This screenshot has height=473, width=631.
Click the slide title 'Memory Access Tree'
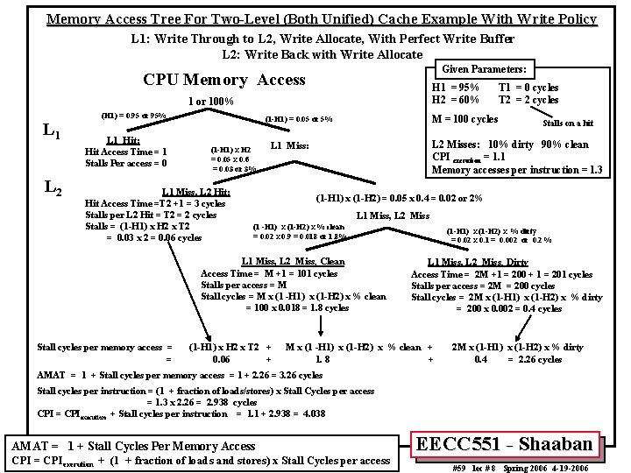[321, 19]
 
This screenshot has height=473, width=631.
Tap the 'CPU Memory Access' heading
[223, 81]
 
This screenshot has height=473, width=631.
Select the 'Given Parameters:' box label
[484, 69]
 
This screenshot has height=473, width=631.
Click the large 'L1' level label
[52, 132]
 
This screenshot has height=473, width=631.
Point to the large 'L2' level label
[52, 186]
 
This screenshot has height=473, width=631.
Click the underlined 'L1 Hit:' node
[124, 140]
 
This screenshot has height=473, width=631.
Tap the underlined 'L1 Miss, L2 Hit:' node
[196, 192]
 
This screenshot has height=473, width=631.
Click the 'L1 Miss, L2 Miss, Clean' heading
[293, 261]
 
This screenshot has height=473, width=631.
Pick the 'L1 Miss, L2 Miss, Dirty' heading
[477, 262]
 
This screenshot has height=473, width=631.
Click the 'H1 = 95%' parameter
[455, 88]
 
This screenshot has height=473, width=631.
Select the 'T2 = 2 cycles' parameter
[528, 100]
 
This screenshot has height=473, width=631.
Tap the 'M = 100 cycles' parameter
[464, 119]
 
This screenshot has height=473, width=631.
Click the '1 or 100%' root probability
[210, 102]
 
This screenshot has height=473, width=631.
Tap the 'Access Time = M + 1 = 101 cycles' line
[251, 273]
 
